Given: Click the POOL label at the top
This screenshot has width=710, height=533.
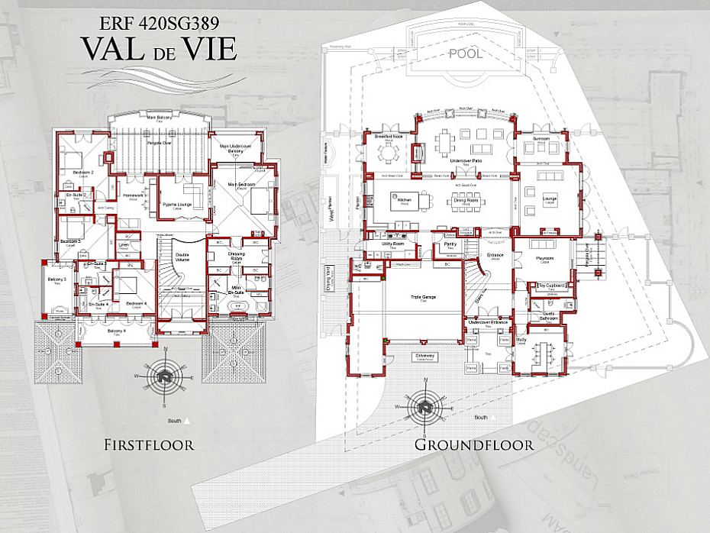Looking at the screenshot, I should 466,54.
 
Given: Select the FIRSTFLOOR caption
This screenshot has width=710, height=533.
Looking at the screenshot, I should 149,444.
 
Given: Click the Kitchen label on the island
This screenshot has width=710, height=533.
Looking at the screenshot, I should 405,200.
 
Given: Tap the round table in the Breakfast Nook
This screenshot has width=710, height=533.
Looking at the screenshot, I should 389,153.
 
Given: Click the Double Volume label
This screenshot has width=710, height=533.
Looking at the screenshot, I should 182,259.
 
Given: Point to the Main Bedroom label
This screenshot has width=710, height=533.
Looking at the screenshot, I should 241,184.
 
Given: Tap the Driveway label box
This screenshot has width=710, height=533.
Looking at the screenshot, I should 424,357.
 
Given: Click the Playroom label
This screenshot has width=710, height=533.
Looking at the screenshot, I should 544,260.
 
